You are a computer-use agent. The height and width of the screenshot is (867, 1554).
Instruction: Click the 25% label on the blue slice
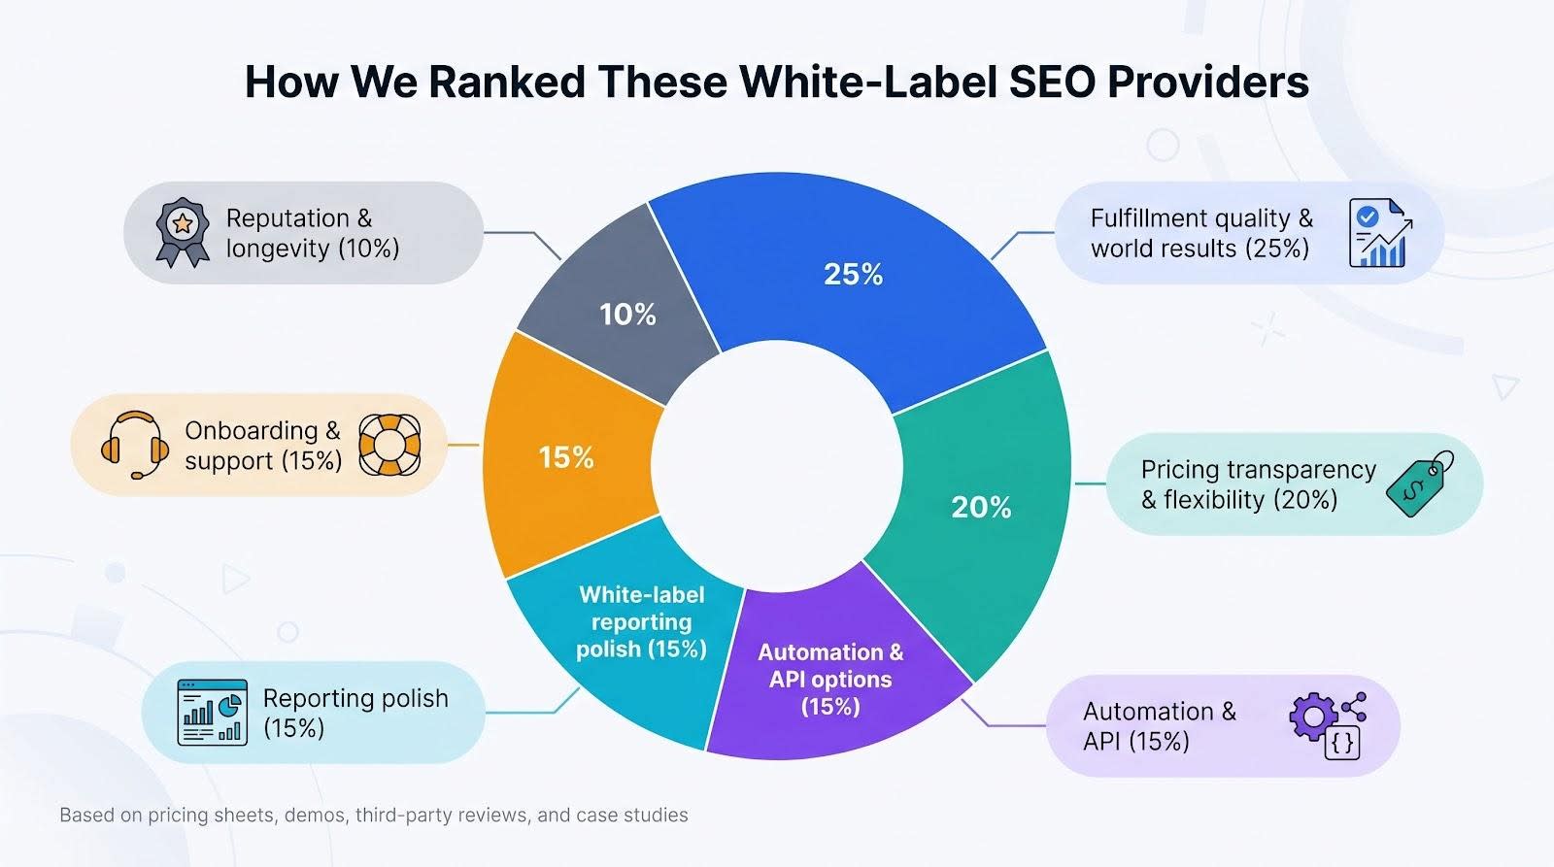click(853, 275)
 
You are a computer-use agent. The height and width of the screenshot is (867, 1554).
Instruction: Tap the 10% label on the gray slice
click(627, 315)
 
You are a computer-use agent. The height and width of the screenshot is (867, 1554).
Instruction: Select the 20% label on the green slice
click(981, 508)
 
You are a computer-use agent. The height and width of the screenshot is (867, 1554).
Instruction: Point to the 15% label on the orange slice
click(566, 458)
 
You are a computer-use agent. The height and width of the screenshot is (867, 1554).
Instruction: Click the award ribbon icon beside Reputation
click(183, 233)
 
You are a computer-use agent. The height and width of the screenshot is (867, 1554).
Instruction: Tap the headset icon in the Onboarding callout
click(135, 445)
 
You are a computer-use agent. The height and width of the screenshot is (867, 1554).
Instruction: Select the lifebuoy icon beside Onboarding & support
click(389, 445)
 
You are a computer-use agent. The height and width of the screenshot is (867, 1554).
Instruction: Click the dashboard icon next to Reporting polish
click(213, 713)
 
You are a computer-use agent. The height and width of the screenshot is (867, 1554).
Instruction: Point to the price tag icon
click(1419, 484)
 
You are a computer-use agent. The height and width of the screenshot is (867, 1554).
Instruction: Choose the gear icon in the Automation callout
click(1312, 717)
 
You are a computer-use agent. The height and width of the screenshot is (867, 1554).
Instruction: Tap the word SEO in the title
click(1051, 82)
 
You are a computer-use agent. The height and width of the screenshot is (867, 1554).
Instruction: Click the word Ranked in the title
click(507, 82)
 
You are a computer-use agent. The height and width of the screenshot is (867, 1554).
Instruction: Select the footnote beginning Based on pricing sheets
click(374, 815)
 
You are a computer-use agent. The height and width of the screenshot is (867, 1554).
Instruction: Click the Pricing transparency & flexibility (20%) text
click(1259, 484)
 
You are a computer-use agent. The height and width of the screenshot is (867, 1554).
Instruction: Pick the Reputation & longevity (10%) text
click(313, 233)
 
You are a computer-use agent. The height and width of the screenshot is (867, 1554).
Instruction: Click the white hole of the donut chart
click(777, 466)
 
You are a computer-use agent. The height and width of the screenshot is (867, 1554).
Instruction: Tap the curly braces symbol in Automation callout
click(1341, 744)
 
